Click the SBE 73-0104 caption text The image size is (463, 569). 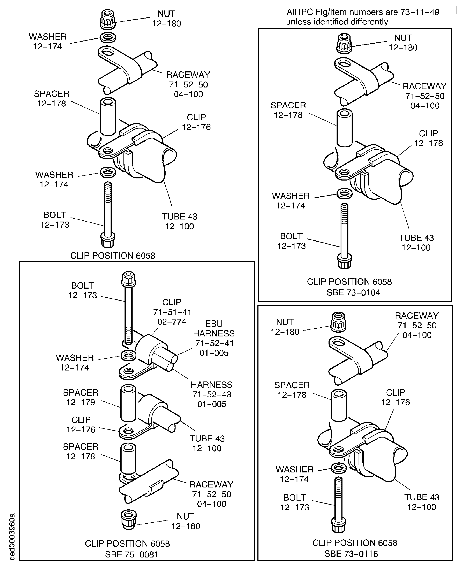[x=353, y=292]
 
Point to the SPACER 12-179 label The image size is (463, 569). [x=81, y=397]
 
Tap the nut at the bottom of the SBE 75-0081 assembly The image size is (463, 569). [x=129, y=519]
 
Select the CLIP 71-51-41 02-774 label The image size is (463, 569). [x=172, y=312]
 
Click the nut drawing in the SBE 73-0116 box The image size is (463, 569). [x=338, y=322]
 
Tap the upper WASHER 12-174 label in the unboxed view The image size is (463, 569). [x=48, y=41]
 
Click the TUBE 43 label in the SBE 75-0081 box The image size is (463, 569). [x=207, y=443]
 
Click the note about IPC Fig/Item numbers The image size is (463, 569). [x=363, y=17]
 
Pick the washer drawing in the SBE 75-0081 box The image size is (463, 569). [x=129, y=355]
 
